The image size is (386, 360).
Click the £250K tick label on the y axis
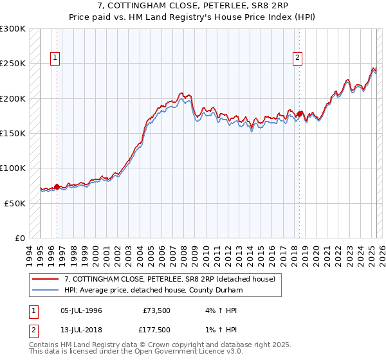point(12,64)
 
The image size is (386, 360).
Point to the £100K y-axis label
point(12,168)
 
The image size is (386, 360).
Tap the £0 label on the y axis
point(19,238)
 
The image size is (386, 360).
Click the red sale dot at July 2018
point(300,114)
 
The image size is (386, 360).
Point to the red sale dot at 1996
point(57,186)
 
